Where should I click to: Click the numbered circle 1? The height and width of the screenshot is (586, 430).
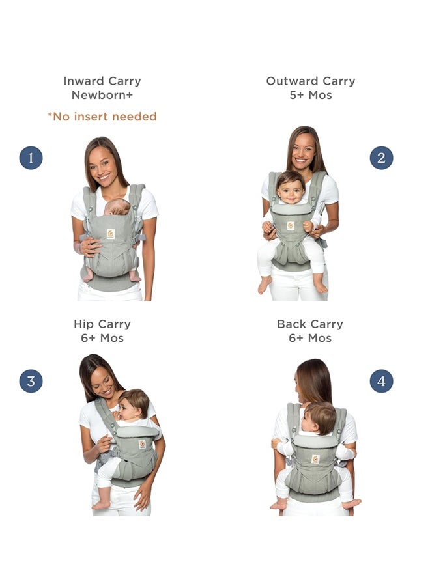coord(31,158)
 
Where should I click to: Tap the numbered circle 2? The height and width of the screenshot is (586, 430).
coord(381,158)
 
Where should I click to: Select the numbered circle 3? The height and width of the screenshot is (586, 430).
coord(31,381)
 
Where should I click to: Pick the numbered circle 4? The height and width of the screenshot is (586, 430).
coord(381,381)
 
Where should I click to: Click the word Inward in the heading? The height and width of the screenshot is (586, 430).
coord(83,81)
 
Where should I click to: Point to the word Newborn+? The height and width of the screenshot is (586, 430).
coord(102,95)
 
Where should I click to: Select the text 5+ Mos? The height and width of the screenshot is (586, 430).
coord(311,95)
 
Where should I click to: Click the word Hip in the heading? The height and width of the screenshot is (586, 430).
coord(84,324)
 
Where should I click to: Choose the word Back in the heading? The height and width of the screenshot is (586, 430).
coord(291,324)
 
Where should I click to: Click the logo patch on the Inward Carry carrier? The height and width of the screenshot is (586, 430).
coord(111,233)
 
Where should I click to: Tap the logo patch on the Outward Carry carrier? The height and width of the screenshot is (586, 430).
coord(291,225)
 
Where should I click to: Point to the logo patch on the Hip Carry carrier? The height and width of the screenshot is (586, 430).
coord(141,443)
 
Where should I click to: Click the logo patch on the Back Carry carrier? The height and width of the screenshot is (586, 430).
coord(315,458)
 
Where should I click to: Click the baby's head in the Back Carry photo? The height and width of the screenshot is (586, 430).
coord(320,417)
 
